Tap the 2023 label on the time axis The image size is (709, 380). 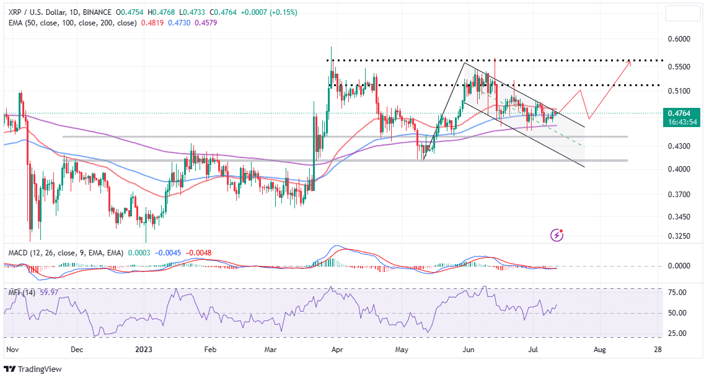[143, 350]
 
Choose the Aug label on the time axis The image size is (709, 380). [599, 350]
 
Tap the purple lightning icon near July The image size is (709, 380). [557, 236]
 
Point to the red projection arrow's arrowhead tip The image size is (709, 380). [630, 61]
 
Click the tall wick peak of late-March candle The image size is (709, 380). [332, 47]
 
